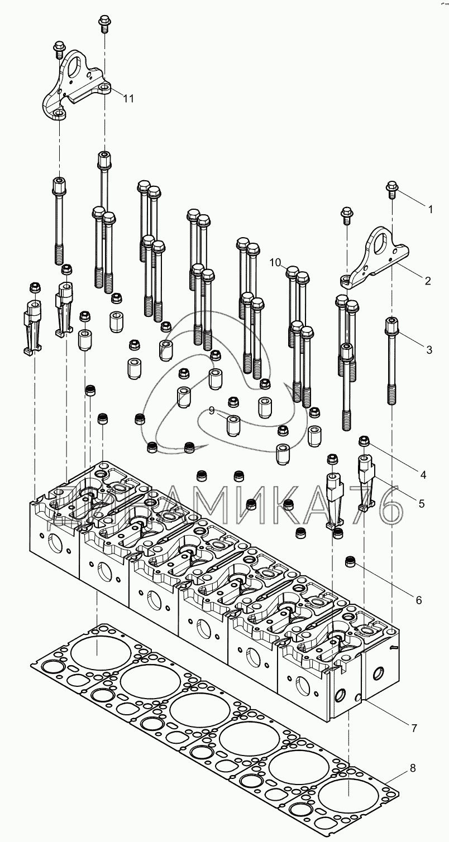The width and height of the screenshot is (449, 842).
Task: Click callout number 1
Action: click(430, 209)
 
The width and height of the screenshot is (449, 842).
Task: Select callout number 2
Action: click(427, 280)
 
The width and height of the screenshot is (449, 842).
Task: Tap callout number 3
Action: click(429, 350)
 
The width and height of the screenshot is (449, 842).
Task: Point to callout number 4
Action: click(423, 475)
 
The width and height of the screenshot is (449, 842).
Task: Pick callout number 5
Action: click(421, 503)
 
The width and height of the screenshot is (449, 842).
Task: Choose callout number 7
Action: click(414, 728)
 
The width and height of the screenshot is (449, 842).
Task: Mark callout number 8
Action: click(412, 768)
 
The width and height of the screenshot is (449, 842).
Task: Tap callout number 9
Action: click(212, 411)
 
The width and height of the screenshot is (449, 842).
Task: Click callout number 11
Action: click(128, 98)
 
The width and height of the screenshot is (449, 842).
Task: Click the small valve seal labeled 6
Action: click(351, 561)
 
